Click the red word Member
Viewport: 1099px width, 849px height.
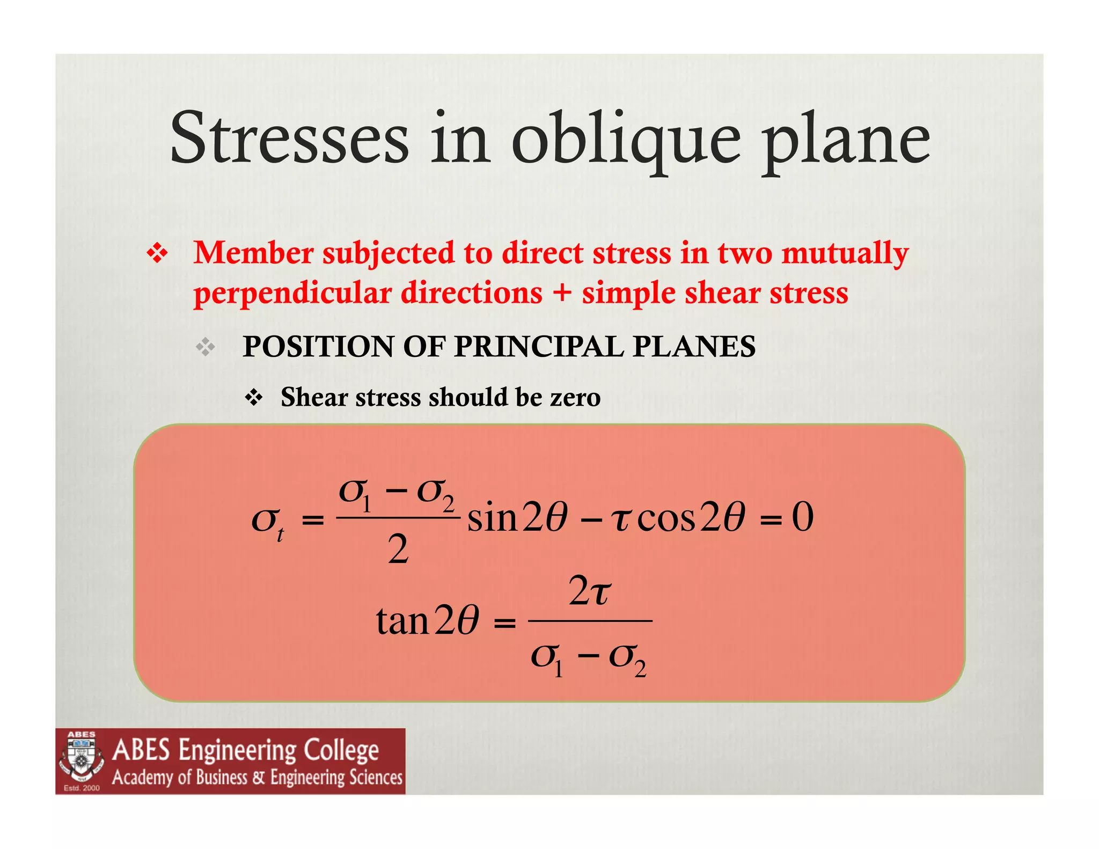point(253,253)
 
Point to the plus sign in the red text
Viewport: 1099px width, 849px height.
point(562,293)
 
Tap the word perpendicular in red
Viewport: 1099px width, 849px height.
point(292,294)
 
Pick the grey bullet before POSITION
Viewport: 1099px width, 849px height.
point(206,348)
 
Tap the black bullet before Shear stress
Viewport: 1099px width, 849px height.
point(253,398)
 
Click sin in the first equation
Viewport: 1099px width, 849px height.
point(492,519)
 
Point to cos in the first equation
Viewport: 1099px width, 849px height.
point(666,519)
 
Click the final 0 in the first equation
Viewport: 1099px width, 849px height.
point(802,517)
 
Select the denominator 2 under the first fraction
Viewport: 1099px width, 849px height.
point(398,550)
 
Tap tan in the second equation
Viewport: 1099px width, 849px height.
point(402,621)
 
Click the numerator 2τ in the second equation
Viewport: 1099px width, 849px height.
point(589,591)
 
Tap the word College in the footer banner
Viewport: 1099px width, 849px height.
point(338,750)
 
